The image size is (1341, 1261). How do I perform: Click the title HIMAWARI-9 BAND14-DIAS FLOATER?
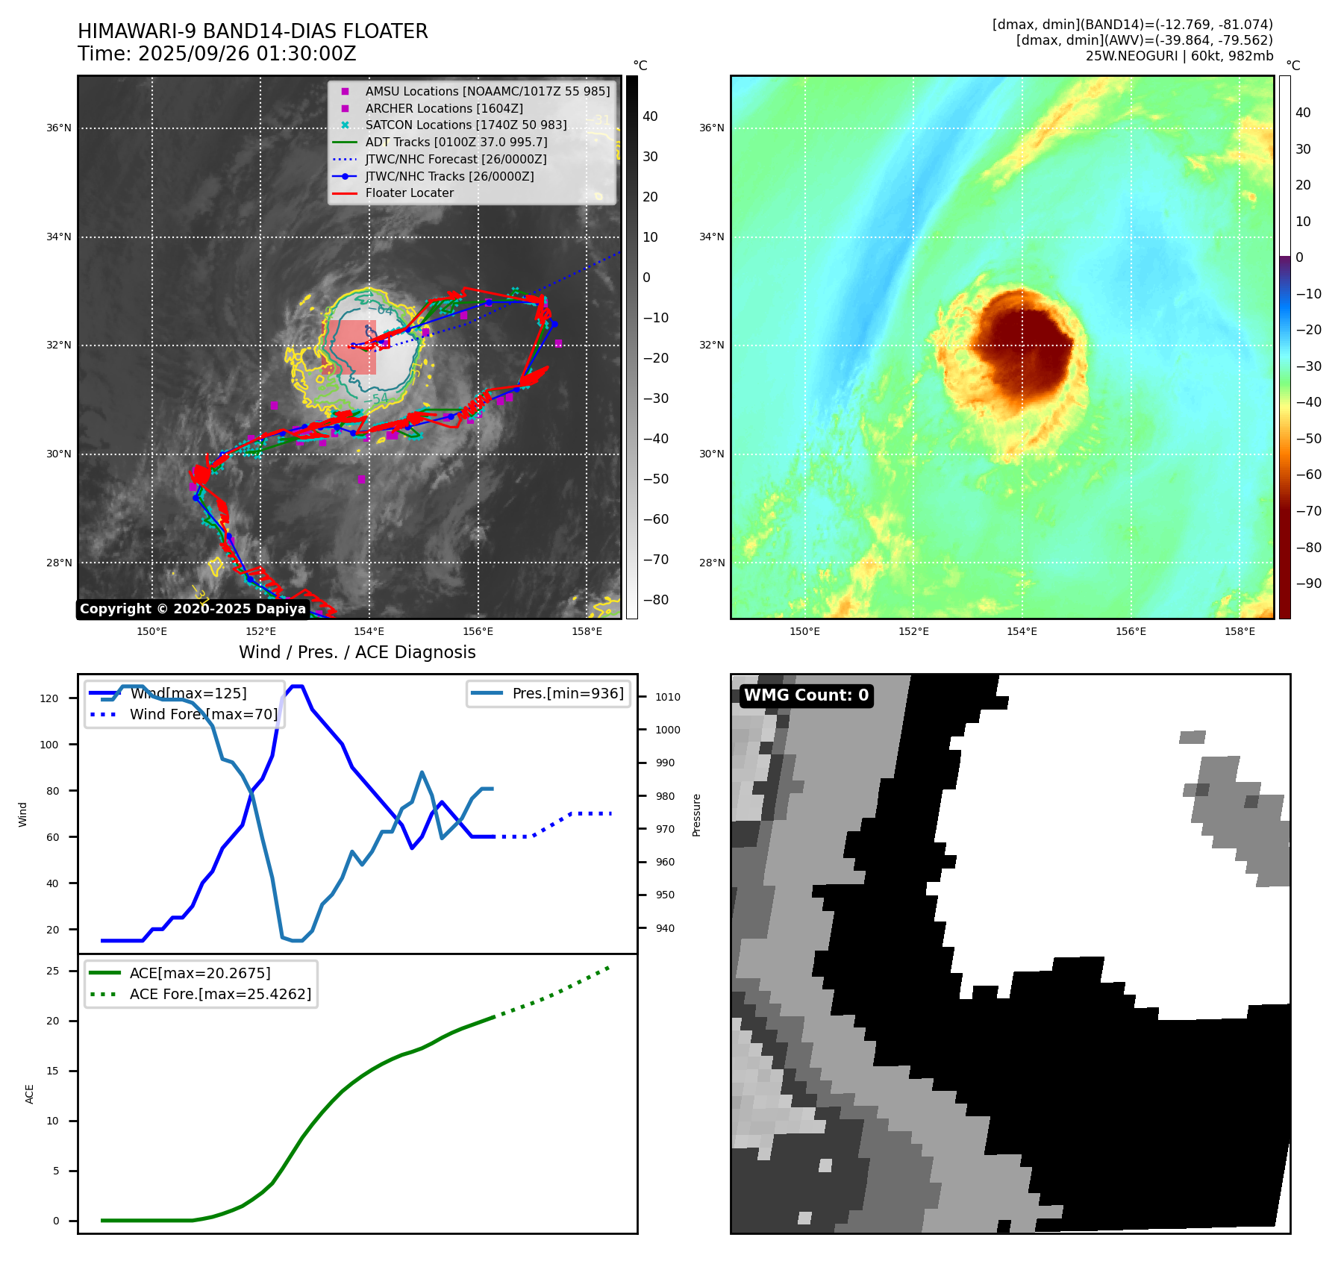pyautogui.click(x=252, y=31)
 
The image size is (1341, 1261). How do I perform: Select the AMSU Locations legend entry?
pyautogui.click(x=487, y=91)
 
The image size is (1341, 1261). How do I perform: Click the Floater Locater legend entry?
pyautogui.click(x=409, y=193)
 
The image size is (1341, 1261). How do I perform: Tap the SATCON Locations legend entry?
pyautogui.click(x=466, y=125)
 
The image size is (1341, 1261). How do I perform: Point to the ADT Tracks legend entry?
pyautogui.click(x=456, y=142)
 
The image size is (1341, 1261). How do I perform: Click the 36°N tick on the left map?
pyautogui.click(x=59, y=128)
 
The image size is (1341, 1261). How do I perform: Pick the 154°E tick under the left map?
pyautogui.click(x=369, y=631)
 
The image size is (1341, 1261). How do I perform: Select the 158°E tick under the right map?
pyautogui.click(x=1240, y=631)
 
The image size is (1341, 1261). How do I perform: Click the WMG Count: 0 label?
pyautogui.click(x=806, y=695)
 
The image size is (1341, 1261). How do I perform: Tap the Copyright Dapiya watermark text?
pyautogui.click(x=193, y=609)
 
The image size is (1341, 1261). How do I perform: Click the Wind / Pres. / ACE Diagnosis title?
pyautogui.click(x=357, y=652)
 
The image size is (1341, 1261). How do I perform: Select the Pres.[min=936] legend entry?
pyautogui.click(x=567, y=693)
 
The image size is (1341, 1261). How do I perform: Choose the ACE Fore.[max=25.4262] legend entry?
pyautogui.click(x=220, y=994)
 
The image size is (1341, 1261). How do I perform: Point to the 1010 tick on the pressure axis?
pyautogui.click(x=668, y=697)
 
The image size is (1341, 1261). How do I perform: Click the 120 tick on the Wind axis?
pyautogui.click(x=49, y=698)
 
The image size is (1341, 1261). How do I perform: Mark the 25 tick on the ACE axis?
pyautogui.click(x=53, y=971)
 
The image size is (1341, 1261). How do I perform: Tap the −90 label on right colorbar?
pyautogui.click(x=1308, y=583)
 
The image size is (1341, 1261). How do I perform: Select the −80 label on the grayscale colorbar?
pyautogui.click(x=656, y=600)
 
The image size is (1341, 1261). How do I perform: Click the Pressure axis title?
pyautogui.click(x=696, y=815)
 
